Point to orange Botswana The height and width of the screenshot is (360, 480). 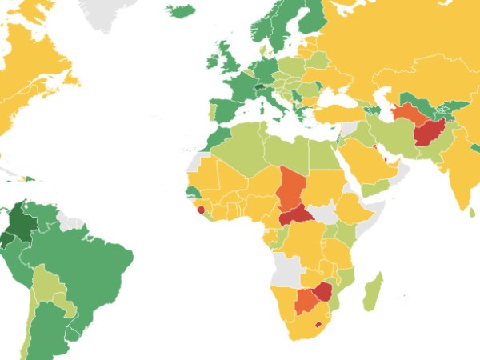(306, 302)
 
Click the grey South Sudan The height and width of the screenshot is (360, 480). (324, 213)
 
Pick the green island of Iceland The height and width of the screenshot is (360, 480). (181, 11)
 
